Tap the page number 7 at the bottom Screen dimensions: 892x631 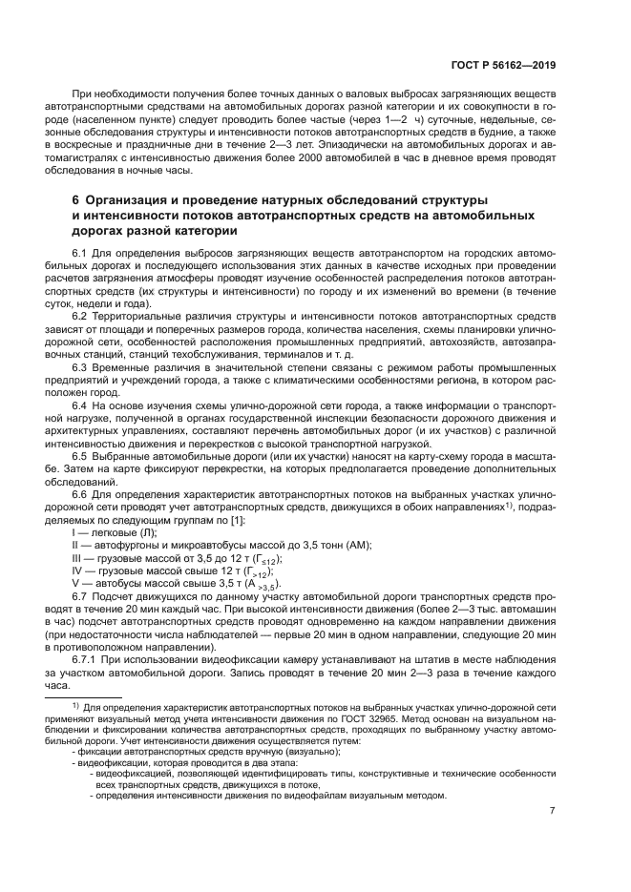coord(551,811)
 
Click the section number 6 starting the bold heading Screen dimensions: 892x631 coord(76,199)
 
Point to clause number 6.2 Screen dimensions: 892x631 coord(80,315)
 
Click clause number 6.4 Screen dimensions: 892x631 coord(80,405)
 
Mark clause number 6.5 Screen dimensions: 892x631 coord(80,457)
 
